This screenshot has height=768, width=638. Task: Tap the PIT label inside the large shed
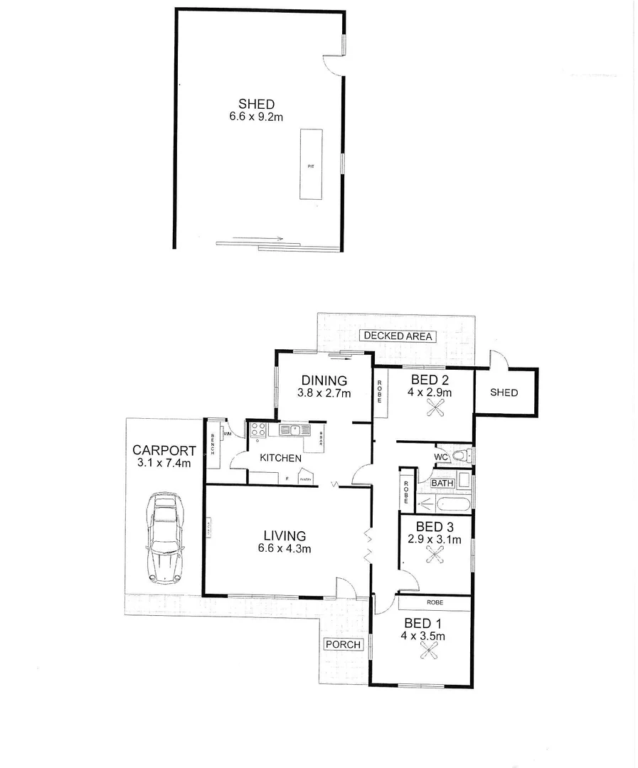[x=310, y=166]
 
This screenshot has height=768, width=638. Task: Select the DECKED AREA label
[x=398, y=336]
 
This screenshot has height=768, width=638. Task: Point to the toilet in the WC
[x=462, y=455]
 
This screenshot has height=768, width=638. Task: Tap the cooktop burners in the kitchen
[x=257, y=430]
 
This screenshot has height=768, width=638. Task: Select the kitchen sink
[x=292, y=430]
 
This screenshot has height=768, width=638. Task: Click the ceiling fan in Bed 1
[x=429, y=650]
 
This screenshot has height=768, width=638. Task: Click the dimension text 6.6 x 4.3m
[x=284, y=548]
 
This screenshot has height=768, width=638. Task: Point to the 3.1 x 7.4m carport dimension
[x=164, y=463]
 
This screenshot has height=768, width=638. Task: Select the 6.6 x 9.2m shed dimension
[x=256, y=117]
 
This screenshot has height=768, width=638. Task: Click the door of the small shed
[x=499, y=359]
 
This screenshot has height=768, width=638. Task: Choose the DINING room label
[x=324, y=380]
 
